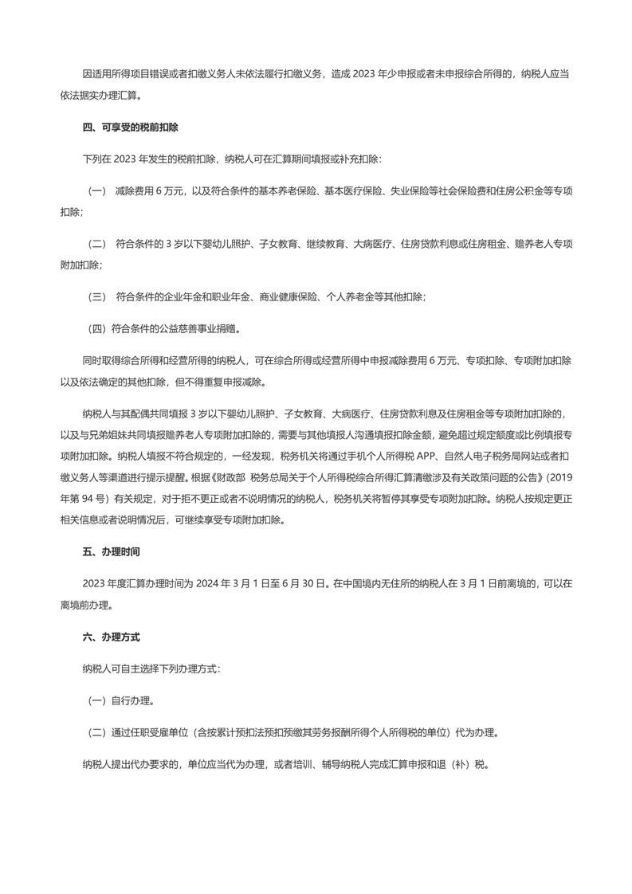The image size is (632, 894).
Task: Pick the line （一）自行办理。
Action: coord(120,702)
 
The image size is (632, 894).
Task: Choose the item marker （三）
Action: coord(96,296)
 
